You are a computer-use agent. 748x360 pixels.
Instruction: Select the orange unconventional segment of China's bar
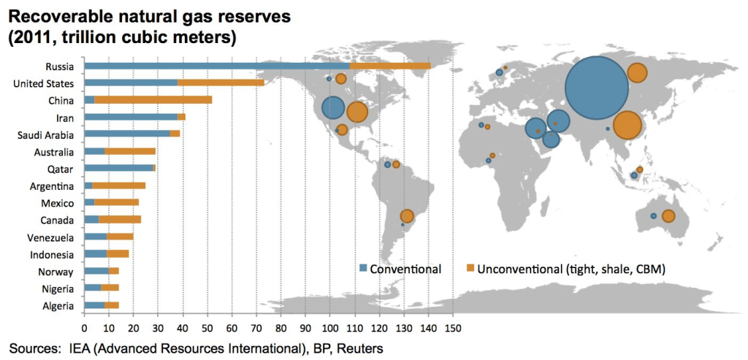(153, 99)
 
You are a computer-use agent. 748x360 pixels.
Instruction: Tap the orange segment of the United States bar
(221, 83)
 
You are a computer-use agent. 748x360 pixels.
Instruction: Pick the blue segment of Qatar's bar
(118, 168)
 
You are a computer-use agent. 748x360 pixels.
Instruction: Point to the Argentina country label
(51, 186)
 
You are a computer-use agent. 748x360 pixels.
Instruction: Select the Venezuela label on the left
(50, 237)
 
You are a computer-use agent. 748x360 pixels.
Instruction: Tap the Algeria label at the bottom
(56, 306)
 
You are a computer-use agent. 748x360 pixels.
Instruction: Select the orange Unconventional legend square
(470, 268)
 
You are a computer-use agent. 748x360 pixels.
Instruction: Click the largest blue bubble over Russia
(597, 88)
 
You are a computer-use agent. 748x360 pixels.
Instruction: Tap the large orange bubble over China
(627, 126)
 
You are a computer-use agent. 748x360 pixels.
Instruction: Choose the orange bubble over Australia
(668, 216)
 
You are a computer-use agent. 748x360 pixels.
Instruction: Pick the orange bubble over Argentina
(407, 216)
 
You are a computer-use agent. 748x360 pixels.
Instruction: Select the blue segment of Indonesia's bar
(96, 254)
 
